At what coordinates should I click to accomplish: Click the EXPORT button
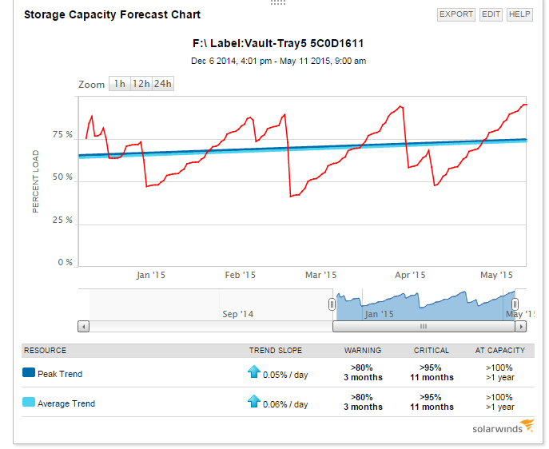tap(456, 14)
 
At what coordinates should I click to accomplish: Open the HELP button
tap(519, 14)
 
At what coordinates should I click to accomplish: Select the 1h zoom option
tap(119, 84)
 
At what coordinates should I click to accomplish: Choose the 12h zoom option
tap(141, 84)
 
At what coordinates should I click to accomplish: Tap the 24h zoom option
tap(163, 84)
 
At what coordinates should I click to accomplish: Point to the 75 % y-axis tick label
tap(63, 135)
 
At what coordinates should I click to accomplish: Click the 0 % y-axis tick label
tap(65, 262)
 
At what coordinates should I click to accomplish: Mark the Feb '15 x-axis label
tap(241, 275)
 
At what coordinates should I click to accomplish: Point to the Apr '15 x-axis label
tap(410, 275)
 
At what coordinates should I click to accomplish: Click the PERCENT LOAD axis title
tap(36, 181)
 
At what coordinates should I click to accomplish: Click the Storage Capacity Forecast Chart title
tap(112, 14)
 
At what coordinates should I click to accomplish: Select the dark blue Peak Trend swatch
tap(29, 373)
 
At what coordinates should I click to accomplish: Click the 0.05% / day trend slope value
tap(285, 374)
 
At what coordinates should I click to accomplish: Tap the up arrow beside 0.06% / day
tap(253, 401)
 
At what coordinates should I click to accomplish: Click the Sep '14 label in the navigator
tap(237, 314)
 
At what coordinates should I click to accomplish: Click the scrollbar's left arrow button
tap(83, 326)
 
